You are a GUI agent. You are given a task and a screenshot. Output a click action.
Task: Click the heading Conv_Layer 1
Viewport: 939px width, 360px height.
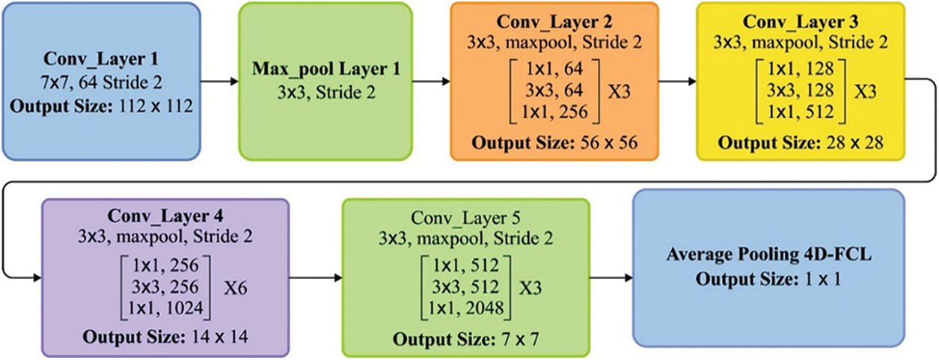pyautogui.click(x=101, y=56)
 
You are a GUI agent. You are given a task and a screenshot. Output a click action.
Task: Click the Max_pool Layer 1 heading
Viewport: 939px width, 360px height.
pyautogui.click(x=325, y=71)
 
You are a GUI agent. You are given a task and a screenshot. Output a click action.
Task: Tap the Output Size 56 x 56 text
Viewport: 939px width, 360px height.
pyautogui.click(x=554, y=142)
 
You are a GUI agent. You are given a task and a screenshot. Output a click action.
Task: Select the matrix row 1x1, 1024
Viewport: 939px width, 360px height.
pyautogui.click(x=162, y=305)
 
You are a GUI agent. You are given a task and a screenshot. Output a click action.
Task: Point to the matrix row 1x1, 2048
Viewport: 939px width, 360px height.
pyautogui.click(x=465, y=305)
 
